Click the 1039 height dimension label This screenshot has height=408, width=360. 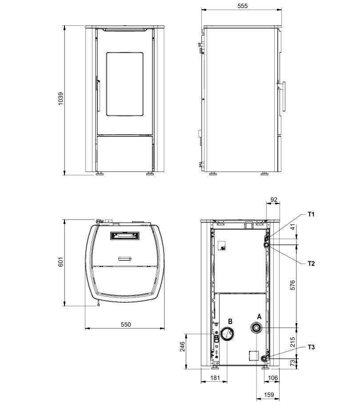(x=60, y=100)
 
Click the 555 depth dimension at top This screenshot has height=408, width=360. (x=242, y=6)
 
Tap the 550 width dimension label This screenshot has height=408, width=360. (x=125, y=324)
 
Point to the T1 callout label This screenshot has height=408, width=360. (x=311, y=214)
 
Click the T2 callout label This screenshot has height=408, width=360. (x=311, y=263)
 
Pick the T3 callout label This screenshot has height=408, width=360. (x=311, y=347)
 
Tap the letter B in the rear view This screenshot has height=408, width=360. (x=230, y=321)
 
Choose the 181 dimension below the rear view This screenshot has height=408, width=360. (x=215, y=378)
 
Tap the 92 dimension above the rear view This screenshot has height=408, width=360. (x=273, y=200)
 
